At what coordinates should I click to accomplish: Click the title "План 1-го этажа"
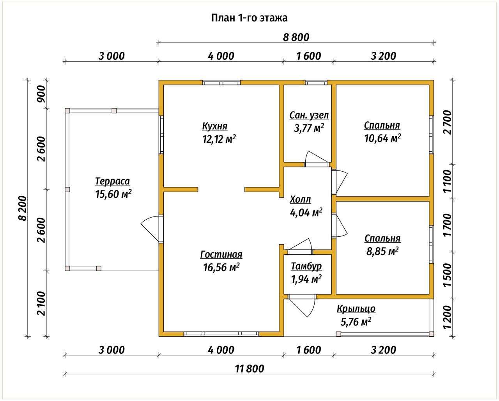tap(249, 18)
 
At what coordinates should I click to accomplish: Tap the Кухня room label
tap(215, 126)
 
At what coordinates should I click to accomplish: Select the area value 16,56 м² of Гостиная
tap(221, 267)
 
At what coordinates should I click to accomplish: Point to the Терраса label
tap(112, 181)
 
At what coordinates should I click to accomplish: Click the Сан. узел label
tap(309, 115)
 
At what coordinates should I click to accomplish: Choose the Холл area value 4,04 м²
tap(306, 212)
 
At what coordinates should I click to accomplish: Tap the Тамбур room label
tap(306, 266)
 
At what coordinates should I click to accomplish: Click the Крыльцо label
tap(356, 309)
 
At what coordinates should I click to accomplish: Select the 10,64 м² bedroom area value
tap(382, 138)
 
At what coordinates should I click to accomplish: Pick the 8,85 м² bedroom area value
tap(382, 251)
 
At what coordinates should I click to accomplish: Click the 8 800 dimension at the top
tap(296, 37)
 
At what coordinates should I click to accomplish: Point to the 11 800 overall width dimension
tap(249, 369)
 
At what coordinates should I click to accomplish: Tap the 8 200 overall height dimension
tap(23, 208)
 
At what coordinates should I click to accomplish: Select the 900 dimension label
tap(42, 94)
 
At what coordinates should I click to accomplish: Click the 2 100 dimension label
tap(42, 303)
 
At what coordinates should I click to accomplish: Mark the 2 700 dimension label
tap(447, 122)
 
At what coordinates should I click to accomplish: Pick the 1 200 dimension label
tap(447, 317)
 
